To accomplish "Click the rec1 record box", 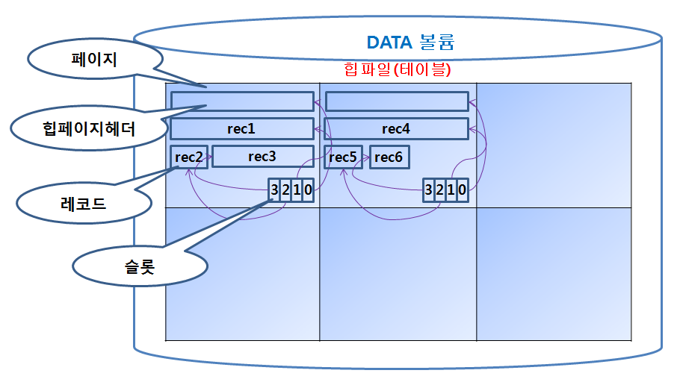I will tap(241, 129).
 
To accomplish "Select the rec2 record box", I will tap(189, 157).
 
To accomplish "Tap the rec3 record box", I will tap(262, 157).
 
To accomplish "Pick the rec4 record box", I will tap(396, 129).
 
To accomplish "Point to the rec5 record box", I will tap(343, 157).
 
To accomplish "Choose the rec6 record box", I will tap(389, 157).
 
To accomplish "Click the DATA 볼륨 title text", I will tap(410, 42).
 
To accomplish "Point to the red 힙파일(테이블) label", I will tap(396, 69).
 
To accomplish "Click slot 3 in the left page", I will tap(274, 190).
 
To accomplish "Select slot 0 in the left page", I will tap(308, 190).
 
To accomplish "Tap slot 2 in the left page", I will tap(285, 190).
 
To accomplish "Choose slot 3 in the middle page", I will tap(428, 190).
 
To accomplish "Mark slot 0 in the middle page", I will tap(462, 190).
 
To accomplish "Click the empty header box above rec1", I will tap(241, 101).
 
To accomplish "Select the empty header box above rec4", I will tap(396, 101).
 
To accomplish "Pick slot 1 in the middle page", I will tap(451, 190).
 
